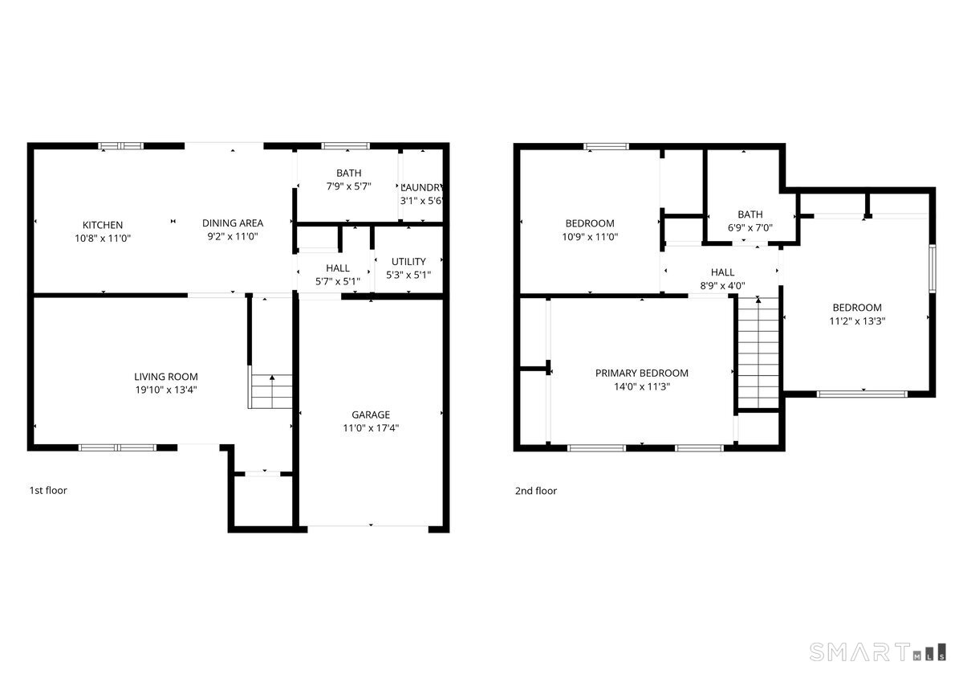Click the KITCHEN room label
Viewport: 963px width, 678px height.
click(x=103, y=225)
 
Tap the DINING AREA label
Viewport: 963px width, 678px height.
click(x=233, y=223)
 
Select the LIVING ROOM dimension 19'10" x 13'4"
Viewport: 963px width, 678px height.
click(x=165, y=390)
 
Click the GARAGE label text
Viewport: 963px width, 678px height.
click(x=371, y=415)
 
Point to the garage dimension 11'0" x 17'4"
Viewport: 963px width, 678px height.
click(x=371, y=428)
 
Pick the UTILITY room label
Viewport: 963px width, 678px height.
click(x=408, y=262)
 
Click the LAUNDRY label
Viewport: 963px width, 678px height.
click(x=421, y=187)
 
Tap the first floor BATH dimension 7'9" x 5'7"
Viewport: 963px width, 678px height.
click(x=349, y=186)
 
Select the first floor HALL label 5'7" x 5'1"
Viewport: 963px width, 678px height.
click(x=338, y=275)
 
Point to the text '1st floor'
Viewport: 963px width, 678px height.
click(x=48, y=490)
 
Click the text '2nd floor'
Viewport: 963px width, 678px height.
click(x=536, y=491)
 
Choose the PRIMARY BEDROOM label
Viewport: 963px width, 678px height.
click(x=642, y=373)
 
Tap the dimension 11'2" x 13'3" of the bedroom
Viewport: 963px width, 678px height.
click(x=857, y=321)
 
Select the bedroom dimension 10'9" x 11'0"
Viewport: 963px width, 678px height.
click(x=590, y=237)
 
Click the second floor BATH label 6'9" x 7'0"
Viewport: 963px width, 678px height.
click(x=750, y=221)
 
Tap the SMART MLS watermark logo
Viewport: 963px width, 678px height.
click(x=878, y=651)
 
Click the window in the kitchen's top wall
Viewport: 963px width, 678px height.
click(x=121, y=146)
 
